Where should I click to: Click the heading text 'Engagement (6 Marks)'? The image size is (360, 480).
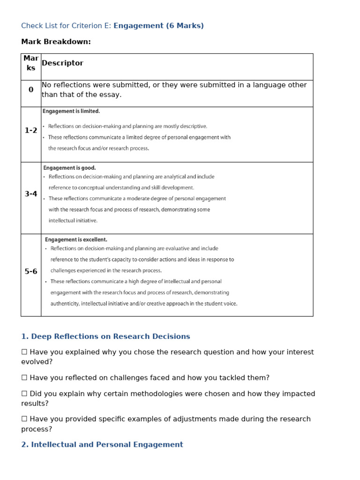pyautogui.click(x=158, y=26)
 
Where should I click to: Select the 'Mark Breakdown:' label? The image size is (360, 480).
pyautogui.click(x=56, y=42)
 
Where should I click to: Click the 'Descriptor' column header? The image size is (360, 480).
pyautogui.click(x=62, y=63)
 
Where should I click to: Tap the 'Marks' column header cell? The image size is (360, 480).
pyautogui.click(x=31, y=63)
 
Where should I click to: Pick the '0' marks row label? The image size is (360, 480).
pyautogui.click(x=31, y=90)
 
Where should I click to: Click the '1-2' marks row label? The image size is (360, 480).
pyautogui.click(x=31, y=130)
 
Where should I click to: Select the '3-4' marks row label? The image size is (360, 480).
pyautogui.click(x=31, y=194)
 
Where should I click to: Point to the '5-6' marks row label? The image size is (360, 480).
pyautogui.click(x=31, y=271)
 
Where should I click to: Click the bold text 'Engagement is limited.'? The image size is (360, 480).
pyautogui.click(x=71, y=112)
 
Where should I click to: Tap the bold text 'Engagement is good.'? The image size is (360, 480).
pyautogui.click(x=69, y=167)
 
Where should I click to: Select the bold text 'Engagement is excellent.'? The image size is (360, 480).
pyautogui.click(x=76, y=240)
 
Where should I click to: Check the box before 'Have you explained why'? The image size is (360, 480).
pyautogui.click(x=24, y=352)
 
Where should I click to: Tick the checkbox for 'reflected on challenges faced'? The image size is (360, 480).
pyautogui.click(x=24, y=378)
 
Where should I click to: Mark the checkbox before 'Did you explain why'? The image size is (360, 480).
pyautogui.click(x=24, y=394)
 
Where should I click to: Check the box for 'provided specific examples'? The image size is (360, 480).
pyautogui.click(x=24, y=419)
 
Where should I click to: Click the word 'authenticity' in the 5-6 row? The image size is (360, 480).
pyautogui.click(x=65, y=304)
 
